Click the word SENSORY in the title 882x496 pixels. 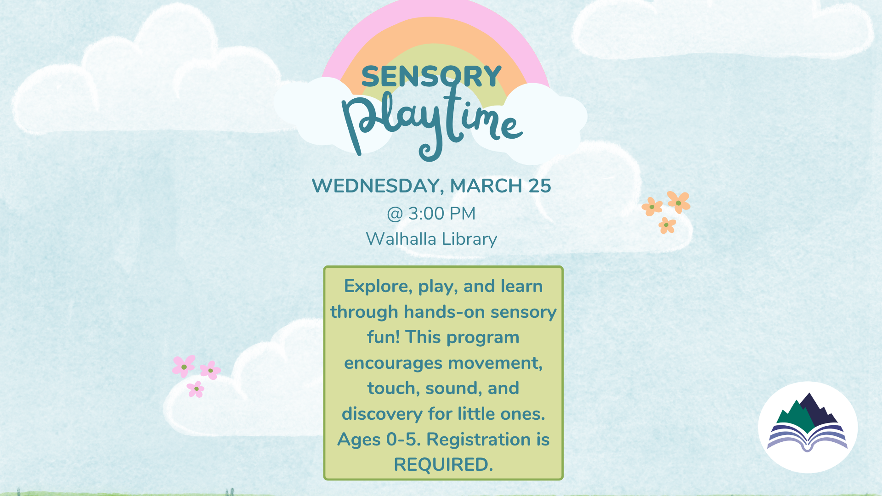click(431, 76)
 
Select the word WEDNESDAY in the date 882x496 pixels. click(377, 186)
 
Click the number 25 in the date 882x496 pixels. click(539, 186)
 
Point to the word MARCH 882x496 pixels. click(486, 186)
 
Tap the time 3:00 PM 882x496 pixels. click(442, 214)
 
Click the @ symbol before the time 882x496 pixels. click(395, 214)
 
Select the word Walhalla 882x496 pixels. click(401, 239)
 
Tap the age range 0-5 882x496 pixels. click(403, 440)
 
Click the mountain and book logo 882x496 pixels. click(808, 427)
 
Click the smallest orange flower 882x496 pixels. click(667, 225)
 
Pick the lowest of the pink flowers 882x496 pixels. click(196, 389)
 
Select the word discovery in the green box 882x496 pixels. click(382, 414)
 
